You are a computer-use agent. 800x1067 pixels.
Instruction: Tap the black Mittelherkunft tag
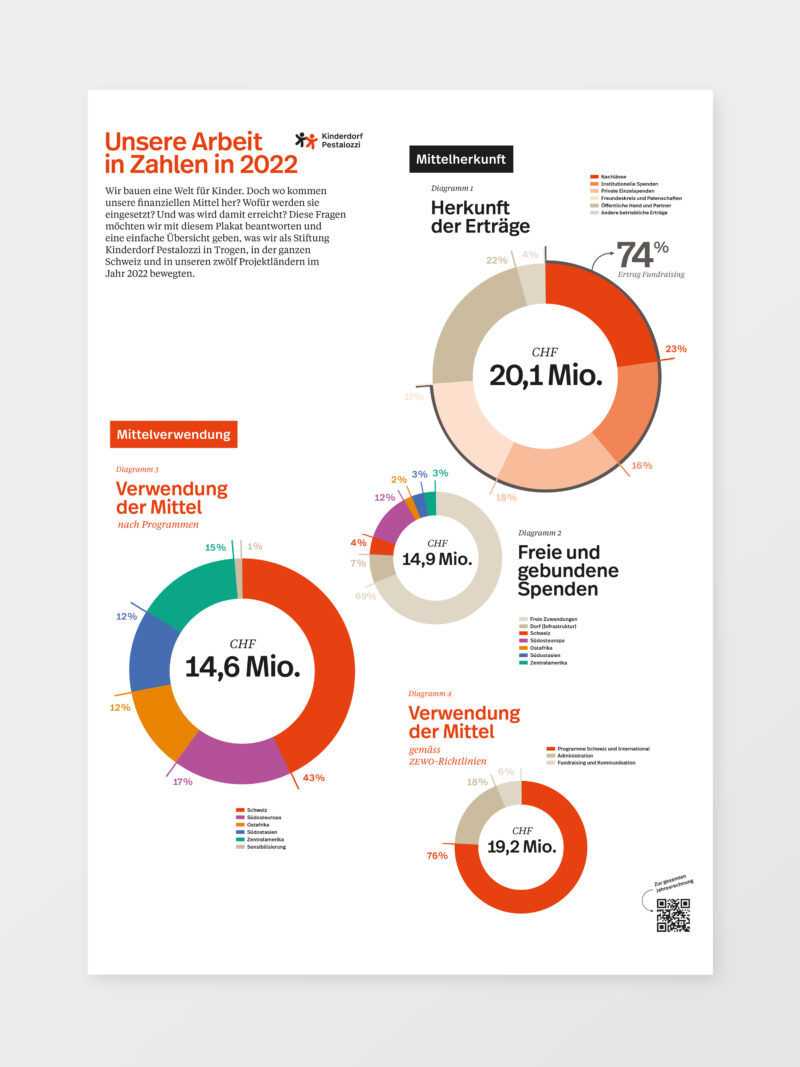[461, 158]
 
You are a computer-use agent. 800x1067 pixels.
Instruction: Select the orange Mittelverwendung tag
[173, 434]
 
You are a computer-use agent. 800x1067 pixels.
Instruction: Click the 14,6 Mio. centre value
[242, 666]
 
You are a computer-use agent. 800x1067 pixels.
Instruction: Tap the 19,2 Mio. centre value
[521, 846]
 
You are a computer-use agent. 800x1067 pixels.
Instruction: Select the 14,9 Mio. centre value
[436, 559]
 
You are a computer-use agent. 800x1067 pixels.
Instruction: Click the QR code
[673, 914]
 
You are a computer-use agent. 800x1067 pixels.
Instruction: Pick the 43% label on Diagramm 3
[313, 777]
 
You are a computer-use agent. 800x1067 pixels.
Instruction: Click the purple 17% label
[182, 781]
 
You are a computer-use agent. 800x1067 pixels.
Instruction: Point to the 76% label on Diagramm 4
[437, 855]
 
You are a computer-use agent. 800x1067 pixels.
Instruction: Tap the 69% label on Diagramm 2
[365, 596]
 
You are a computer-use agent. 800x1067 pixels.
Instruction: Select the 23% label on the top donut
[676, 349]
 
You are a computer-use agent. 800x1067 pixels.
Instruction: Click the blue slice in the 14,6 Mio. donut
[152, 651]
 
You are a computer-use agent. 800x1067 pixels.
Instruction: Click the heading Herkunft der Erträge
[480, 216]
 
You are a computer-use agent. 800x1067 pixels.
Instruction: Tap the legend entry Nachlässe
[612, 176]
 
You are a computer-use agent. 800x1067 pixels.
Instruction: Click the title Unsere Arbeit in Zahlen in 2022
[201, 153]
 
